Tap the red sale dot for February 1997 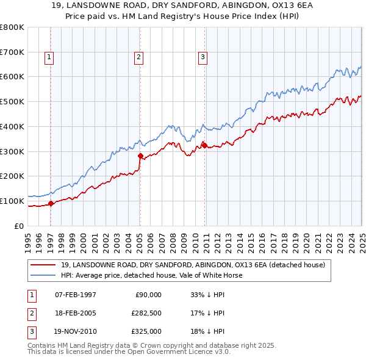[x=51, y=204]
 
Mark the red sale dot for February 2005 [x=140, y=156]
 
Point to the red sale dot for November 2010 [x=204, y=145]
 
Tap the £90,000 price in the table [x=148, y=294]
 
